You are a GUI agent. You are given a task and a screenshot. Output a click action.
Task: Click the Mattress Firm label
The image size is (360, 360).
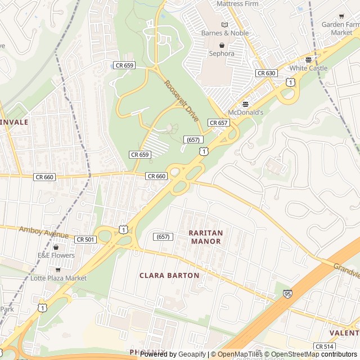click(x=237, y=4)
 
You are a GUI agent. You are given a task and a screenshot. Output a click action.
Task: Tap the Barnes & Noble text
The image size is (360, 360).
click(x=225, y=33)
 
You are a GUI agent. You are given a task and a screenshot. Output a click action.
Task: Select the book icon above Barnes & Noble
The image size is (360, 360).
click(x=225, y=25)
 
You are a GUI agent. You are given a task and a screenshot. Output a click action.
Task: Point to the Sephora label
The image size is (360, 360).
click(x=222, y=53)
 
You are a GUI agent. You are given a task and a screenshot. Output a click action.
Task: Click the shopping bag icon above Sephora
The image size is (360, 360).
click(x=222, y=45)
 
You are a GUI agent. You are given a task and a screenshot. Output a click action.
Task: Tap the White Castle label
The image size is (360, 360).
click(x=308, y=68)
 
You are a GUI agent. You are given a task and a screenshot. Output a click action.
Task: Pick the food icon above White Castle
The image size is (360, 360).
click(x=308, y=60)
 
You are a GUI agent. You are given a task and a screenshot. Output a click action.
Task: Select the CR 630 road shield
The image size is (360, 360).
click(x=266, y=73)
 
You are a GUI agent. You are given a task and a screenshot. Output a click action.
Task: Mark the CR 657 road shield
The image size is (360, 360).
click(x=218, y=123)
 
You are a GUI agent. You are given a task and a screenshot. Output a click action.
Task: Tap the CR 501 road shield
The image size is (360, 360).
click(x=85, y=239)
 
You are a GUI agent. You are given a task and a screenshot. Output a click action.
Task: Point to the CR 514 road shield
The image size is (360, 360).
click(x=325, y=346)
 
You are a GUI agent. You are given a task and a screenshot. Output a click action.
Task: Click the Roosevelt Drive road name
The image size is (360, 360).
click(x=182, y=101)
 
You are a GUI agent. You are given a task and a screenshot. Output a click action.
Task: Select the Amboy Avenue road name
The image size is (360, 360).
click(x=44, y=232)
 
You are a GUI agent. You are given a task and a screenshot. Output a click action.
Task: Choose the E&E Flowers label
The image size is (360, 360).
click(x=56, y=255)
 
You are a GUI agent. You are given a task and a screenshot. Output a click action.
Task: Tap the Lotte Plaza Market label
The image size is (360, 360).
click(x=58, y=278)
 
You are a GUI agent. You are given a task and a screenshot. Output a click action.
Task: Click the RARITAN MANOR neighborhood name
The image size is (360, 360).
click(x=206, y=237)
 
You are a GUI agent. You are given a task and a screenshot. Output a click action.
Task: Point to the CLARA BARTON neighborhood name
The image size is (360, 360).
click(x=169, y=276)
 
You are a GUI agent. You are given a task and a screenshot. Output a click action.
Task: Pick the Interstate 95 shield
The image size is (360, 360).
click(x=288, y=293)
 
